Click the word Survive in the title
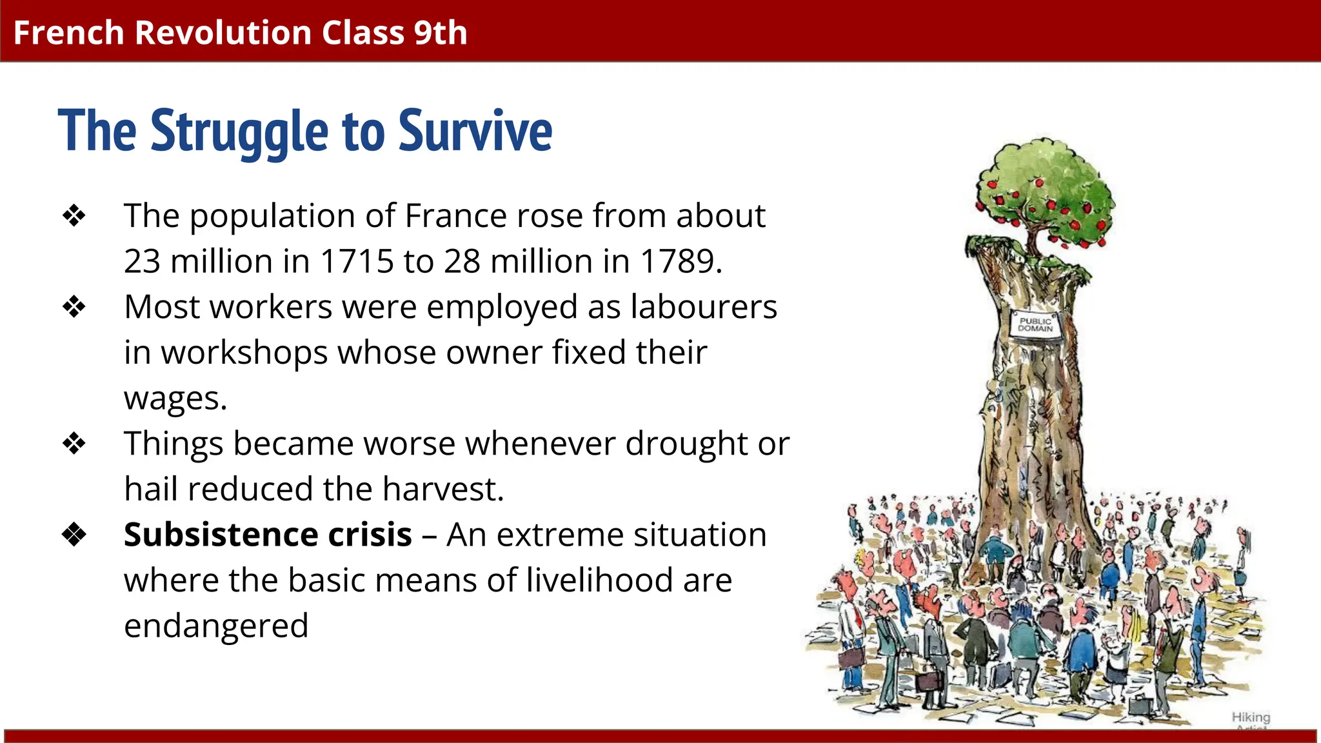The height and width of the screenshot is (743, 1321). point(475,131)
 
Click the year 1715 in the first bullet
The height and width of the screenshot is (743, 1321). point(357,261)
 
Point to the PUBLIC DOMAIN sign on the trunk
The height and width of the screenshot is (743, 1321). point(1035,324)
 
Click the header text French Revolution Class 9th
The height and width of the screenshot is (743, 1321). point(240,32)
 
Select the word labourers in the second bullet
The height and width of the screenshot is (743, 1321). point(704,307)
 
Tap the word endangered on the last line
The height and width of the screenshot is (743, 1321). point(216,626)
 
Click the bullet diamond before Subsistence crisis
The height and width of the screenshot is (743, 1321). point(74,535)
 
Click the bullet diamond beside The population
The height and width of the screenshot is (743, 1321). point(74,216)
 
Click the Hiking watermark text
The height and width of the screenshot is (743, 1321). point(1251,717)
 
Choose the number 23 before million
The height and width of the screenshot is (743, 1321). point(142,261)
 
